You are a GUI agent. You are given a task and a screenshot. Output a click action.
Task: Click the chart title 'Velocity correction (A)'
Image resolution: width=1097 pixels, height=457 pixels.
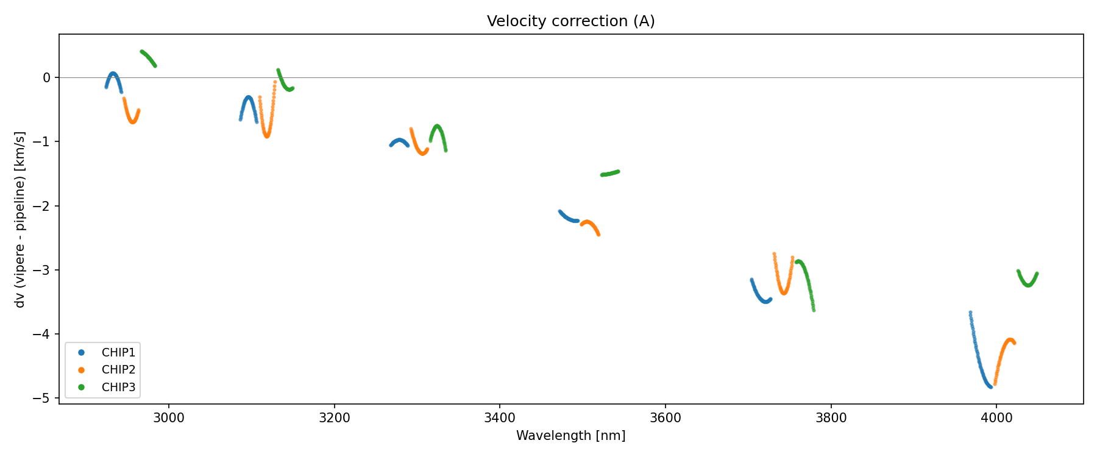pyautogui.click(x=570, y=21)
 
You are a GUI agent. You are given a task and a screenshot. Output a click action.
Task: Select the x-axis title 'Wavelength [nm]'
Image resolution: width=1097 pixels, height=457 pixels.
pyautogui.click(x=570, y=436)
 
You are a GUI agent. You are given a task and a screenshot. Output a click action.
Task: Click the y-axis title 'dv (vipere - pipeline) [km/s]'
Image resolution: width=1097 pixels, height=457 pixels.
pyautogui.click(x=20, y=219)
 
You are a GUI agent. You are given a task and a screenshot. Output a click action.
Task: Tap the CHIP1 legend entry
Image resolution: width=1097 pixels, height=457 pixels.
pyautogui.click(x=118, y=353)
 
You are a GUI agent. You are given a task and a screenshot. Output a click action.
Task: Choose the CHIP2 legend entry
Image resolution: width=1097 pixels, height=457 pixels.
pyautogui.click(x=118, y=370)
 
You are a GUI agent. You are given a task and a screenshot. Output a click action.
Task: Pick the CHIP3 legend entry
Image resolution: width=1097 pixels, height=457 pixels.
pyautogui.click(x=118, y=387)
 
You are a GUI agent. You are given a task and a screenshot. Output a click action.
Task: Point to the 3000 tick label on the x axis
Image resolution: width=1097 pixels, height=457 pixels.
pyautogui.click(x=169, y=418)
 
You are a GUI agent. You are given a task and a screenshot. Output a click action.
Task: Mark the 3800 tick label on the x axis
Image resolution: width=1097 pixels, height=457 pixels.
pyautogui.click(x=831, y=418)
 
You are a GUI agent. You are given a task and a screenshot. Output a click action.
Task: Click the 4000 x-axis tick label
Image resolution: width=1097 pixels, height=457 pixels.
pyautogui.click(x=996, y=418)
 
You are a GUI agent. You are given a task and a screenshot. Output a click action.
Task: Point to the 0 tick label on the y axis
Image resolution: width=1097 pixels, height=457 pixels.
pyautogui.click(x=47, y=77)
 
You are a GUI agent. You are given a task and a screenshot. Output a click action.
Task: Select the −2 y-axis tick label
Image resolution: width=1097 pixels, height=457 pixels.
pyautogui.click(x=43, y=206)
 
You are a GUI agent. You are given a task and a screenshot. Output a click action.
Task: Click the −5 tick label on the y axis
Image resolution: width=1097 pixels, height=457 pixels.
pyautogui.click(x=43, y=399)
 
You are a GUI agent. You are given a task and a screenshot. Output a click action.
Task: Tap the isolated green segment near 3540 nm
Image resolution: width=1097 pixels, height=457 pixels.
pyautogui.click(x=610, y=174)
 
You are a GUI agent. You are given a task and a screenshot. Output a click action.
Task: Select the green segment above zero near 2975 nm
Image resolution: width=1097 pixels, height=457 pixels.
pyautogui.click(x=149, y=58)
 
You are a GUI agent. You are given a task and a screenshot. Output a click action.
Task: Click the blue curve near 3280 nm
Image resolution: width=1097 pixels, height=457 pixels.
pyautogui.click(x=400, y=141)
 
